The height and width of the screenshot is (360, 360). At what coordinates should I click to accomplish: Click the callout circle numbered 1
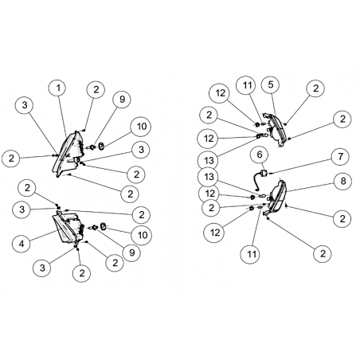coord(58,88)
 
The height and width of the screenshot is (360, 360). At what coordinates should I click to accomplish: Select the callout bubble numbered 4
coord(22,243)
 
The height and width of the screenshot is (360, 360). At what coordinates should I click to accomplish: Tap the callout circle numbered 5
coord(270,85)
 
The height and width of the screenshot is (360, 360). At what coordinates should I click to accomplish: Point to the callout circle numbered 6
coord(260,155)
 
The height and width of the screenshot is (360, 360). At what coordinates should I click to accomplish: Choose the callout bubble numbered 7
coord(341,157)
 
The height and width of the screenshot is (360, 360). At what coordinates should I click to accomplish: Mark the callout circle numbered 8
coord(343,182)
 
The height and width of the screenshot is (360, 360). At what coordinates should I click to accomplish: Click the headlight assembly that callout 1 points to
coord(68,153)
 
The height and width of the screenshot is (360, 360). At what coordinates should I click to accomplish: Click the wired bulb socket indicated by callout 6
coord(260,178)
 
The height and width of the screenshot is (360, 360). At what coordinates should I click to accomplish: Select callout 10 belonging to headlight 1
coord(141,127)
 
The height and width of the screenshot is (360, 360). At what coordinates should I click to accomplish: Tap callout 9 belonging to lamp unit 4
coord(132,252)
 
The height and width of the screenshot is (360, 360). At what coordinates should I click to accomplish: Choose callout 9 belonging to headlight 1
coord(122,100)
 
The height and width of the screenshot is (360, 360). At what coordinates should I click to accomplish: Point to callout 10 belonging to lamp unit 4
coord(143,235)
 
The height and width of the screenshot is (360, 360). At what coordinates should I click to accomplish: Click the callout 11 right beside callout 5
coord(247,85)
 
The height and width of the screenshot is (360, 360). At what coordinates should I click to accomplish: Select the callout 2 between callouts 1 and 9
coord(96,90)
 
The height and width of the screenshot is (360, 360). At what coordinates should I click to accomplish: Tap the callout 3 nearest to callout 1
coord(25,105)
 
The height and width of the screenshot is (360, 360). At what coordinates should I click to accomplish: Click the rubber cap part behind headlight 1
coord(101,146)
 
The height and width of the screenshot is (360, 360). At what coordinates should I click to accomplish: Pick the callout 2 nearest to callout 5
coord(315,88)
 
